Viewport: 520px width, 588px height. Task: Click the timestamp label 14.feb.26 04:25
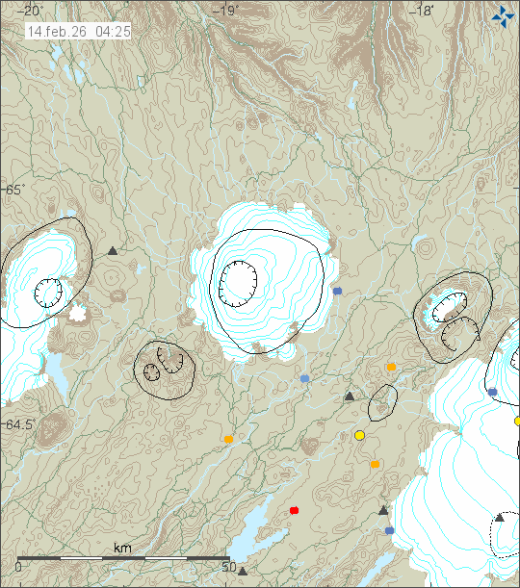coord(79,32)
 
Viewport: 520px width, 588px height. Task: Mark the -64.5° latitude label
coord(19,424)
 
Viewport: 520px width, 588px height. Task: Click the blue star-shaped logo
coord(503,15)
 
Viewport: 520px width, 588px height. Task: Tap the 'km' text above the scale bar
coord(122,548)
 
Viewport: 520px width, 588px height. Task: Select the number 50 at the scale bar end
coord(229,567)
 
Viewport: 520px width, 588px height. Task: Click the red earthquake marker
coord(295,510)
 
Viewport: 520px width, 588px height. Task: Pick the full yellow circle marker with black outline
coord(360,436)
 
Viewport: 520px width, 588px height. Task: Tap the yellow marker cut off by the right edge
coord(517,421)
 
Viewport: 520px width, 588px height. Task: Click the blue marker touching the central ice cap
coord(337,290)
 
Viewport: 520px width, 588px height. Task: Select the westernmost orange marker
coord(228,440)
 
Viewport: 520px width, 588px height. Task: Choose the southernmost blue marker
coord(389,530)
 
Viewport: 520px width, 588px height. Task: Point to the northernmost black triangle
coord(113,251)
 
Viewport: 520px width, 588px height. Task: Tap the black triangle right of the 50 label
coord(243,571)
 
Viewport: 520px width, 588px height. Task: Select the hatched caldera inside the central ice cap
coord(237,281)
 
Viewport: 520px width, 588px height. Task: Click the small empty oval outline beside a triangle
coord(383,401)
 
